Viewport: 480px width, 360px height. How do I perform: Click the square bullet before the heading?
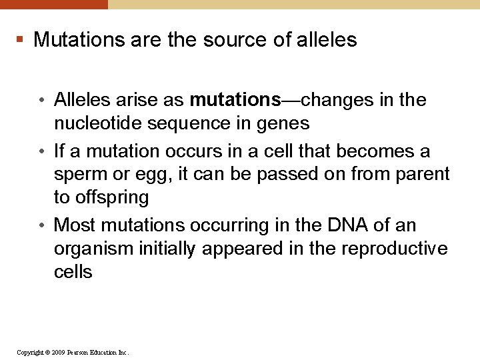pyautogui.click(x=20, y=40)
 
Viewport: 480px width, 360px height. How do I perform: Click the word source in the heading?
pyautogui.click(x=234, y=40)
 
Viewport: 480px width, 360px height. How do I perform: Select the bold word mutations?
pyautogui.click(x=235, y=100)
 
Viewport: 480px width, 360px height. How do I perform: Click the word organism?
pyautogui.click(x=93, y=249)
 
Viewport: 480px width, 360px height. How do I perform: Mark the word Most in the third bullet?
pyautogui.click(x=75, y=225)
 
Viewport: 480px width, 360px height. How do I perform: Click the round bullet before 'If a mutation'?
pyautogui.click(x=41, y=152)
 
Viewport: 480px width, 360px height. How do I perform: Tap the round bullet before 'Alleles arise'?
pyautogui.click(x=41, y=101)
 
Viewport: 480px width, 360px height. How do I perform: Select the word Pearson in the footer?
pyautogui.click(x=79, y=352)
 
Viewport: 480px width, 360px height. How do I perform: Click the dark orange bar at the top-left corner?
pyautogui.click(x=53, y=4)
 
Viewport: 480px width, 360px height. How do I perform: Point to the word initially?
pyautogui.click(x=167, y=249)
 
